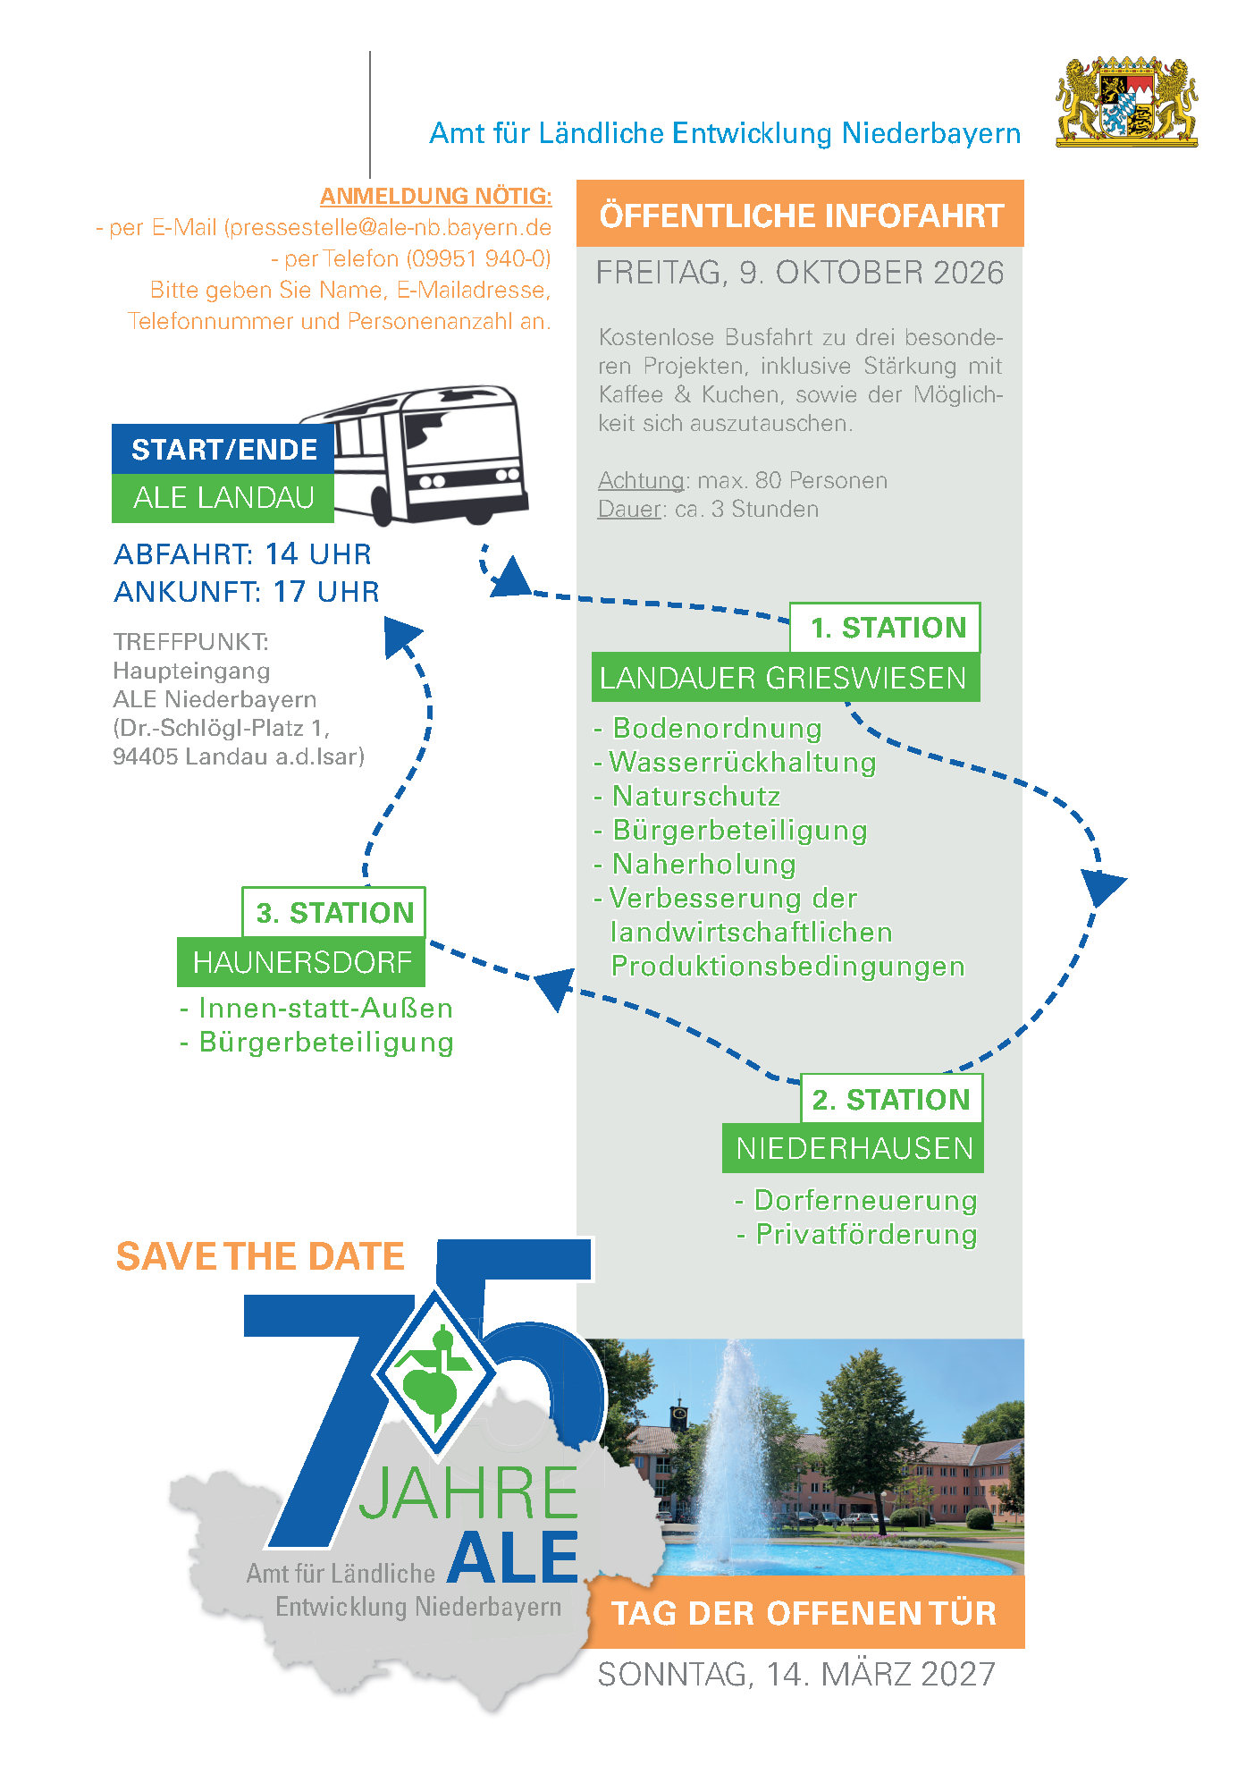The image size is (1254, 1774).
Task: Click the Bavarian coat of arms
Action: click(1126, 102)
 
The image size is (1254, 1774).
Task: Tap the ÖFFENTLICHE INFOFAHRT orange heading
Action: click(800, 215)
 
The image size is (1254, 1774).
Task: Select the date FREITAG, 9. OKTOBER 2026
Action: click(800, 273)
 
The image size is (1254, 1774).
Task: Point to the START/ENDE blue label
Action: click(223, 449)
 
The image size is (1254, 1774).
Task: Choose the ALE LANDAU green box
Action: click(223, 498)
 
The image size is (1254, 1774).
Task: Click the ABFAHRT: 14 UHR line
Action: click(242, 554)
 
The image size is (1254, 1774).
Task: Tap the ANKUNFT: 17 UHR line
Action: click(247, 592)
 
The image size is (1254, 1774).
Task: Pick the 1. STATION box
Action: click(885, 628)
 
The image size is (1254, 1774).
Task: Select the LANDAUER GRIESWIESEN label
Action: click(786, 678)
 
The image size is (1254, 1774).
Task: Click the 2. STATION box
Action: click(891, 1099)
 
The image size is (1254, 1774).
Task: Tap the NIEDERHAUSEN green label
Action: click(853, 1148)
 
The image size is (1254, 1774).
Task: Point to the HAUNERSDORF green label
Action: click(301, 962)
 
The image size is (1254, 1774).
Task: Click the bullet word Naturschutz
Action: click(696, 796)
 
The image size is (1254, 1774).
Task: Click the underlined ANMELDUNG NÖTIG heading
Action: click(436, 196)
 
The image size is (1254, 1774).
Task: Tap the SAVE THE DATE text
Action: click(260, 1256)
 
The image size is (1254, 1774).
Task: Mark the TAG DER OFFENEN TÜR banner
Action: click(804, 1613)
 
